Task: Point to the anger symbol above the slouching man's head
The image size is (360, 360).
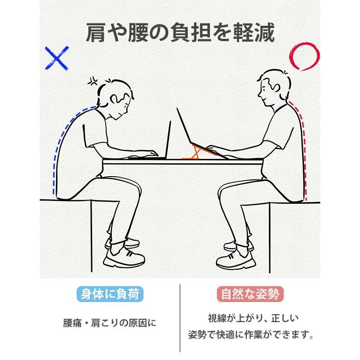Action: click(93, 82)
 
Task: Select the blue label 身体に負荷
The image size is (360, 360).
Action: click(109, 294)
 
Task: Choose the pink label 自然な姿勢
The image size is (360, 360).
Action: click(250, 294)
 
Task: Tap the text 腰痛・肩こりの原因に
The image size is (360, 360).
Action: click(109, 323)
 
